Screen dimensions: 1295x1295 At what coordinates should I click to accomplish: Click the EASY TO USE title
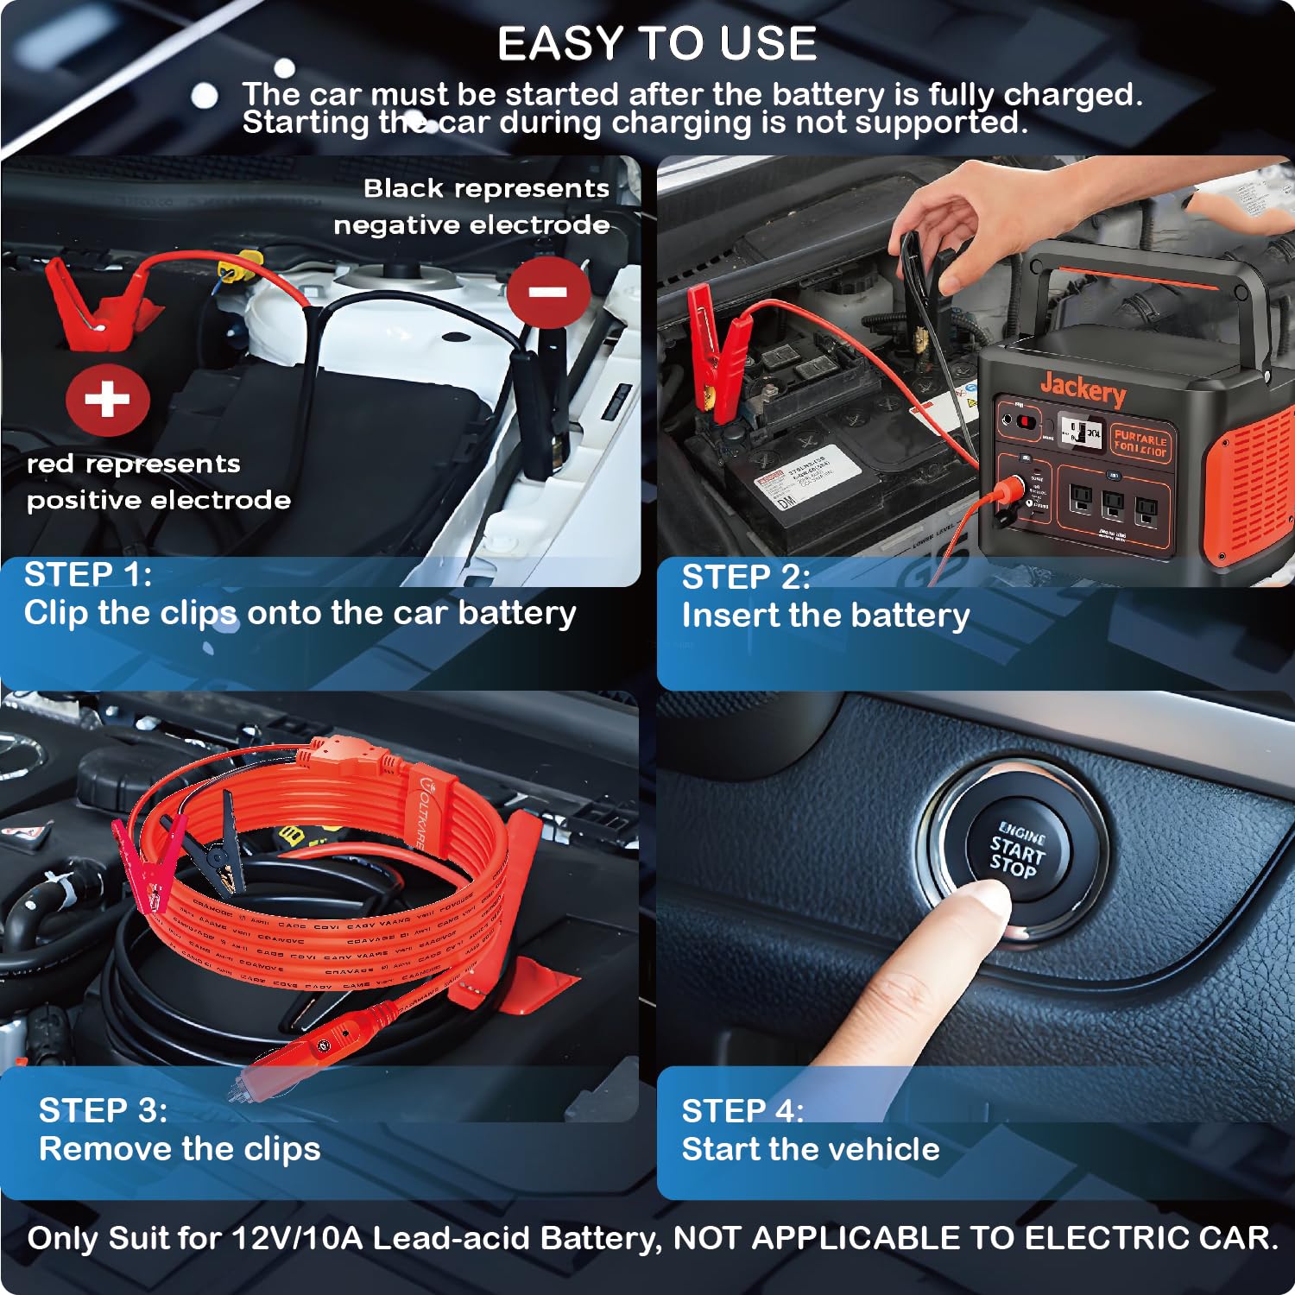pyautogui.click(x=657, y=43)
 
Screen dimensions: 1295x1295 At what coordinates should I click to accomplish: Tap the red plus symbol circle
pyautogui.click(x=107, y=400)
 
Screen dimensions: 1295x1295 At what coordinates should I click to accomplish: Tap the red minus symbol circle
pyautogui.click(x=548, y=291)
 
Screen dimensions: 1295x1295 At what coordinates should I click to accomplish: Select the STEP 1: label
pyautogui.click(x=88, y=574)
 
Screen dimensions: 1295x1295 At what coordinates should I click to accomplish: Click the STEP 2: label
pyautogui.click(x=746, y=577)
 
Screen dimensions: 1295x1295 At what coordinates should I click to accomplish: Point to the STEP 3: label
pyautogui.click(x=103, y=1110)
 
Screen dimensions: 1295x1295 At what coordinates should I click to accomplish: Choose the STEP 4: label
pyautogui.click(x=742, y=1110)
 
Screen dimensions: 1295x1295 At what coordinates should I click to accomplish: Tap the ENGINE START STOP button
pyautogui.click(x=1016, y=850)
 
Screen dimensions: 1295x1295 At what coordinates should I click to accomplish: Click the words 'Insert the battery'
pyautogui.click(x=825, y=616)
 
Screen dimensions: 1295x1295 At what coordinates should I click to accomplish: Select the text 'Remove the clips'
pyautogui.click(x=180, y=1149)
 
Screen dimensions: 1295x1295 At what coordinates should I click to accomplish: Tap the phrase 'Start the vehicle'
pyautogui.click(x=810, y=1149)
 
